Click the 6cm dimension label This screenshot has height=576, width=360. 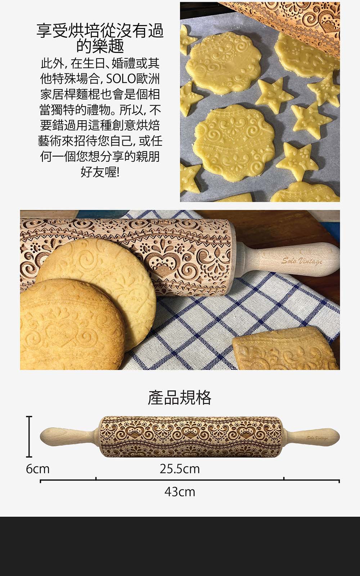point(37,469)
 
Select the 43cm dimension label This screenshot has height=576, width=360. point(180,492)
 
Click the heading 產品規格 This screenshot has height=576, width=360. point(180,397)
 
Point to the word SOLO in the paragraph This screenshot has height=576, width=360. point(120,79)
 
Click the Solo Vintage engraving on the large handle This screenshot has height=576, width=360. point(302,261)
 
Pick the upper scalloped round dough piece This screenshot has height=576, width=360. point(223,62)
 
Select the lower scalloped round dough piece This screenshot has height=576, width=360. point(234,141)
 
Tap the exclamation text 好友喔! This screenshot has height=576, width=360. point(100,172)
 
